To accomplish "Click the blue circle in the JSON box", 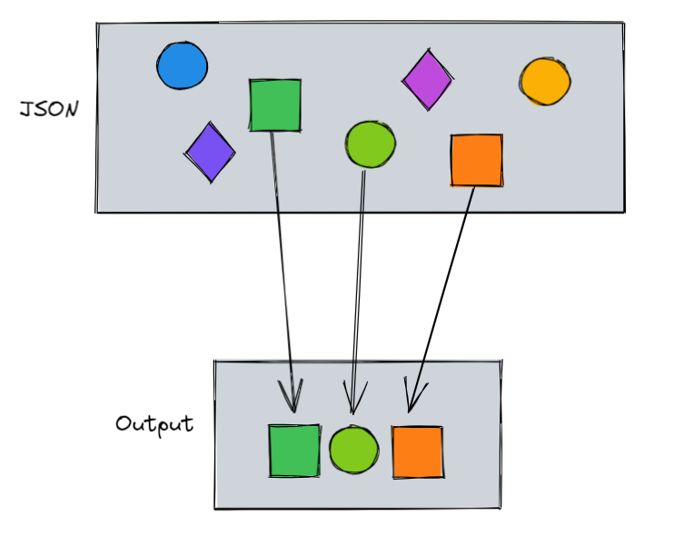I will click(x=182, y=66).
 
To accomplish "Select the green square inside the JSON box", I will click(x=275, y=105).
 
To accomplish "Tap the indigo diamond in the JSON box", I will click(x=210, y=152).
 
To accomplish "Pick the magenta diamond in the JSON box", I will click(x=427, y=80).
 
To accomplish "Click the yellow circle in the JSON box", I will click(x=545, y=82).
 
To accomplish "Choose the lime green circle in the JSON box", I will click(x=371, y=144).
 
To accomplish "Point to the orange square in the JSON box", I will click(x=477, y=161).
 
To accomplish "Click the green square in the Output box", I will click(x=294, y=451).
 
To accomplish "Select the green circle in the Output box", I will click(x=353, y=451).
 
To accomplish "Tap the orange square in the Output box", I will click(x=418, y=452).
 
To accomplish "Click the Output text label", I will click(x=154, y=424).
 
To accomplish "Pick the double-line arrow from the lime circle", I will click(x=359, y=273).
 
